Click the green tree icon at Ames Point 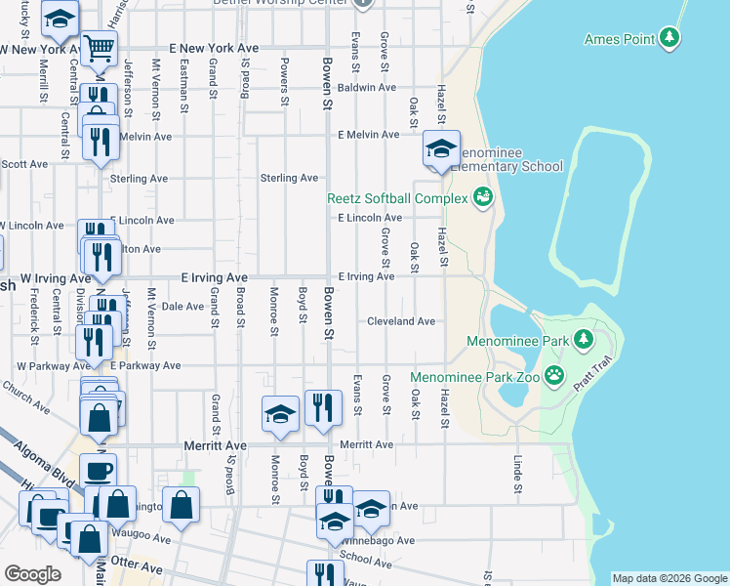(x=669, y=38)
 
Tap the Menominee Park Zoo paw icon (x=555, y=375)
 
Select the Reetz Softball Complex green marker (x=481, y=198)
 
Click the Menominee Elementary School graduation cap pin (x=441, y=150)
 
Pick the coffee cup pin (x=97, y=471)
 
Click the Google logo (x=33, y=574)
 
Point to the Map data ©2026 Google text (x=669, y=578)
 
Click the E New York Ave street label (x=213, y=47)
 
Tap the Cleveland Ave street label (x=401, y=321)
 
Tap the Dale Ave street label (x=182, y=306)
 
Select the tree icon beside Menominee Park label (x=584, y=340)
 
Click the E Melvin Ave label (x=368, y=135)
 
